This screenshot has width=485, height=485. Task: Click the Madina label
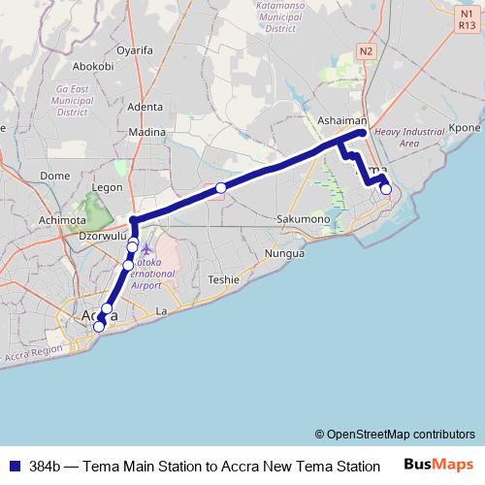[147, 132]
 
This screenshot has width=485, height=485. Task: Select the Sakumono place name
[305, 219]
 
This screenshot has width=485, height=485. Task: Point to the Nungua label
[284, 253]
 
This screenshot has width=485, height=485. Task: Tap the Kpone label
[465, 127]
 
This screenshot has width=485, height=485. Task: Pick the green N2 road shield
[365, 50]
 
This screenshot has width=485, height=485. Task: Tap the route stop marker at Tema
[386, 189]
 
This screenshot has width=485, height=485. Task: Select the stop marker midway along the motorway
[221, 187]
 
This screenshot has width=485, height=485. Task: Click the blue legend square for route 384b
[13, 466]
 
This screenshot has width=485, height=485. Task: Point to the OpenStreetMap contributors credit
[394, 434]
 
